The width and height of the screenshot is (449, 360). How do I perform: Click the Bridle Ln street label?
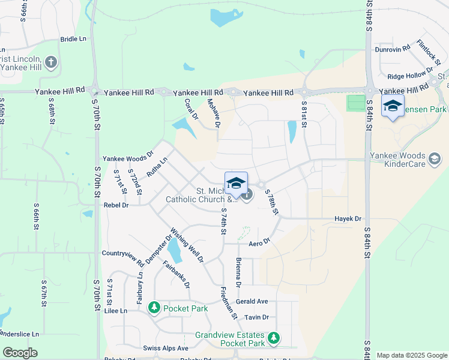tap(73, 39)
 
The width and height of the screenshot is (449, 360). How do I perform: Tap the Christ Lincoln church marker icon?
tap(51, 61)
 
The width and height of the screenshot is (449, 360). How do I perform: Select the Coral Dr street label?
tap(191, 109)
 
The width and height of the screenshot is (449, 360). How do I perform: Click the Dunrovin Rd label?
tap(392, 49)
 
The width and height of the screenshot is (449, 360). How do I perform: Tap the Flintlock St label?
tap(428, 52)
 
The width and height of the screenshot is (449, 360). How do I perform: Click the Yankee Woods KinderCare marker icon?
tap(435, 159)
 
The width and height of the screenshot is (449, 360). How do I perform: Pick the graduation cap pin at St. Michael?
tap(236, 182)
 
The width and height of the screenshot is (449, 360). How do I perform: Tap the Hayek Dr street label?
tap(348, 219)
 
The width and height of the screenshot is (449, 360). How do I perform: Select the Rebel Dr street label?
tap(117, 205)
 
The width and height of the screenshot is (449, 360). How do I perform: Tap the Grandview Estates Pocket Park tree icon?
tap(274, 338)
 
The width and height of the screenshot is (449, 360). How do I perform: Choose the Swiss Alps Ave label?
tap(166, 348)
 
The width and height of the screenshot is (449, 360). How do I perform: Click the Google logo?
tap(20, 353)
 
